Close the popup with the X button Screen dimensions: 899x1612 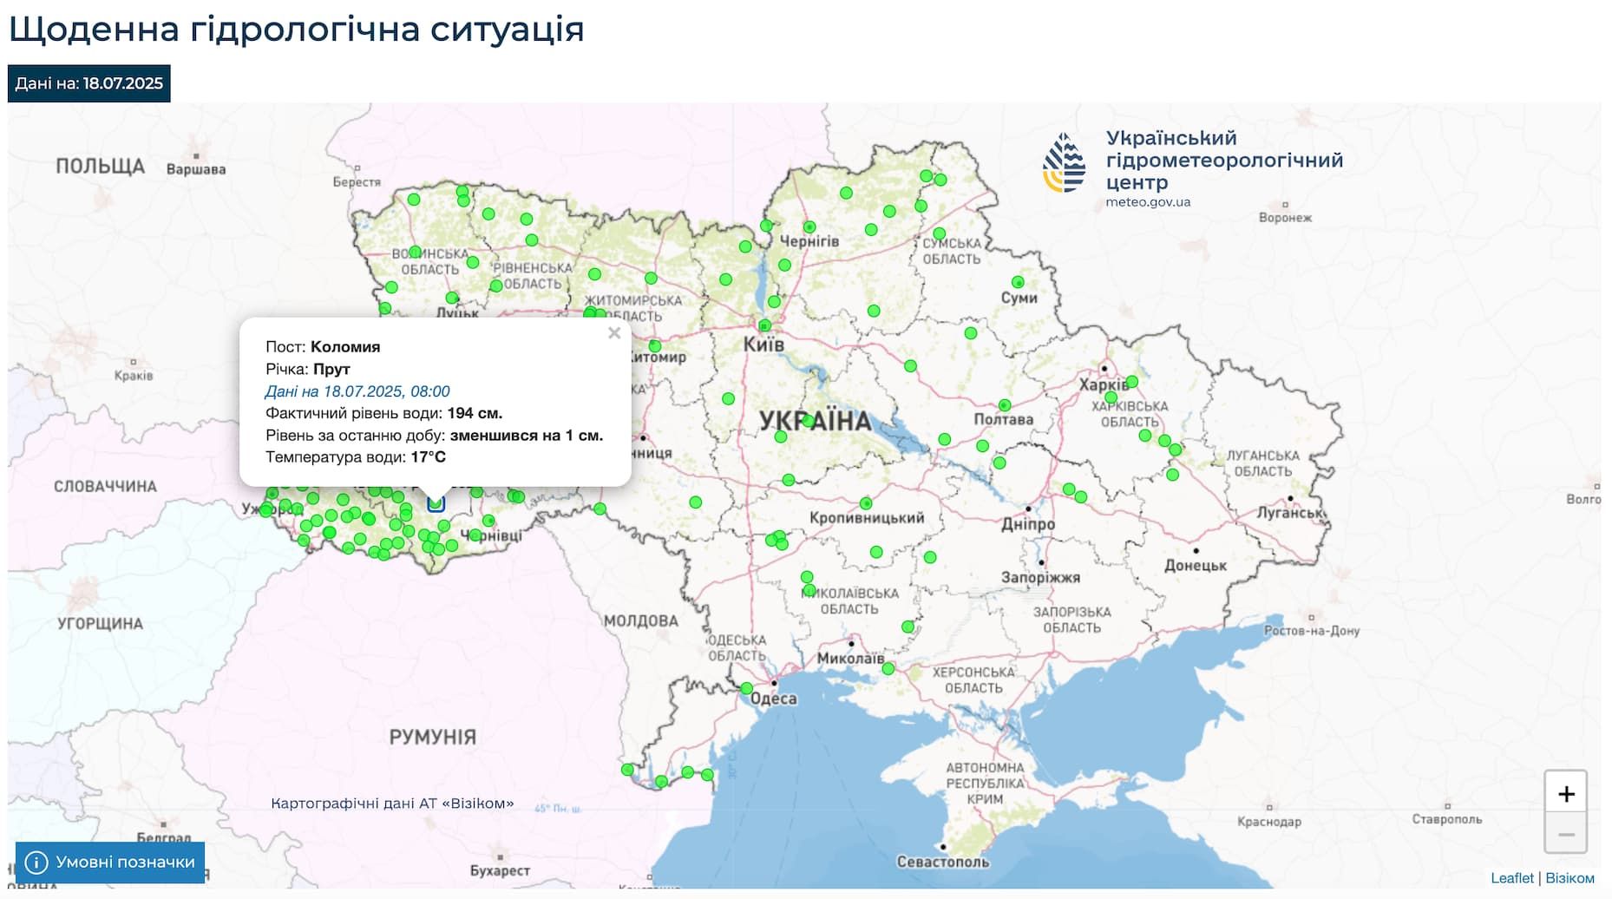point(614,333)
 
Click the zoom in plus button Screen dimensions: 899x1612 point(1565,793)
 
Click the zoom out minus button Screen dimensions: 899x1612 point(1565,834)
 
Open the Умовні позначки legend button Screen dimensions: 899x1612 point(110,862)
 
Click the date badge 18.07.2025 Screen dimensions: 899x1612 point(89,83)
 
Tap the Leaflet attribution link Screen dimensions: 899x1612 point(1511,878)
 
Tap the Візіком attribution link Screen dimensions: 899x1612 point(1569,878)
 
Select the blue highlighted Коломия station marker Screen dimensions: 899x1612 point(436,502)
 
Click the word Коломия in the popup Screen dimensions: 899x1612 point(345,346)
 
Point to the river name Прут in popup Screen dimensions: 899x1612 point(331,369)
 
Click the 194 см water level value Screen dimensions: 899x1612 point(475,413)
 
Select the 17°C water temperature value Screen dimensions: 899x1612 point(428,457)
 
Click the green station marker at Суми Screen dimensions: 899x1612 point(1018,282)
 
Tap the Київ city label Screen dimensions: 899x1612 point(763,345)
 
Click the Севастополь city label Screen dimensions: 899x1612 point(942,862)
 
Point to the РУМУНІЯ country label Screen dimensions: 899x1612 point(432,737)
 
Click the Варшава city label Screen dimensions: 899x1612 point(196,169)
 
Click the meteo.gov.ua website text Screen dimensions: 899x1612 point(1148,202)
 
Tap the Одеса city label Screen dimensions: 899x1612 point(773,699)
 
